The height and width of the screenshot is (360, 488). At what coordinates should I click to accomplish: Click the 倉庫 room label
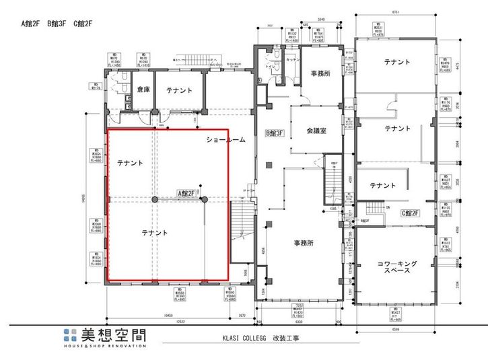click(143, 89)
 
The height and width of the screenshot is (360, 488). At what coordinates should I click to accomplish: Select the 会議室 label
click(315, 131)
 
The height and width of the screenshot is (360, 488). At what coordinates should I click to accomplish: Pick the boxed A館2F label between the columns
click(186, 193)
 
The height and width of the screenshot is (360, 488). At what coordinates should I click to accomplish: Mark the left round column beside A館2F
click(155, 200)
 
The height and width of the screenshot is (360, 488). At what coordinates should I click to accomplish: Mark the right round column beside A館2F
click(203, 199)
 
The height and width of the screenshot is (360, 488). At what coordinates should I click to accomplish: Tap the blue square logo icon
click(70, 336)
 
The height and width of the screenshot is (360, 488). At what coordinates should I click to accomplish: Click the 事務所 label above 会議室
click(320, 73)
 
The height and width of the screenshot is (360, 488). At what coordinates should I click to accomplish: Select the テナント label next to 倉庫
click(179, 89)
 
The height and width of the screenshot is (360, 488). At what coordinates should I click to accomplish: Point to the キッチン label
click(293, 60)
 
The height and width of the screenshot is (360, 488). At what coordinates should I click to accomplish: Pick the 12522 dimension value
click(177, 322)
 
